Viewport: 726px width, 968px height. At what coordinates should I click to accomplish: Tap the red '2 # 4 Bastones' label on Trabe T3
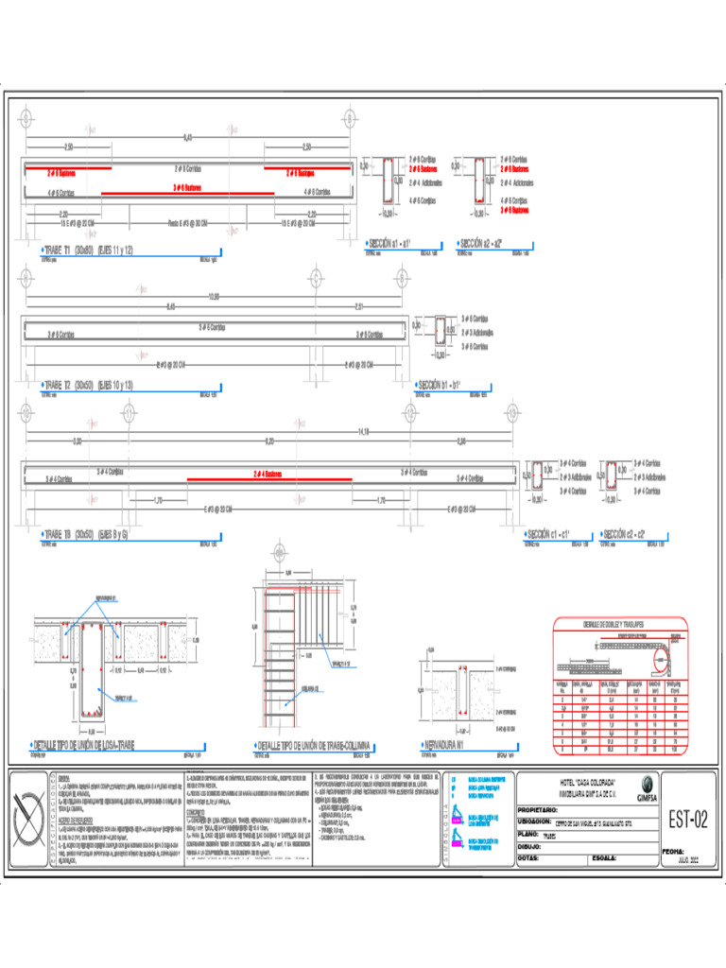(x=268, y=474)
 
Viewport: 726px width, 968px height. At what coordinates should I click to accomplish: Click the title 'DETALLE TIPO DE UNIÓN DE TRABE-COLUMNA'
(x=315, y=745)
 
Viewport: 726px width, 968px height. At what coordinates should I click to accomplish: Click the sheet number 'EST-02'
(x=687, y=821)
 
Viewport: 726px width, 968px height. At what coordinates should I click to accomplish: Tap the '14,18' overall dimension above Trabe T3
(x=363, y=433)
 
